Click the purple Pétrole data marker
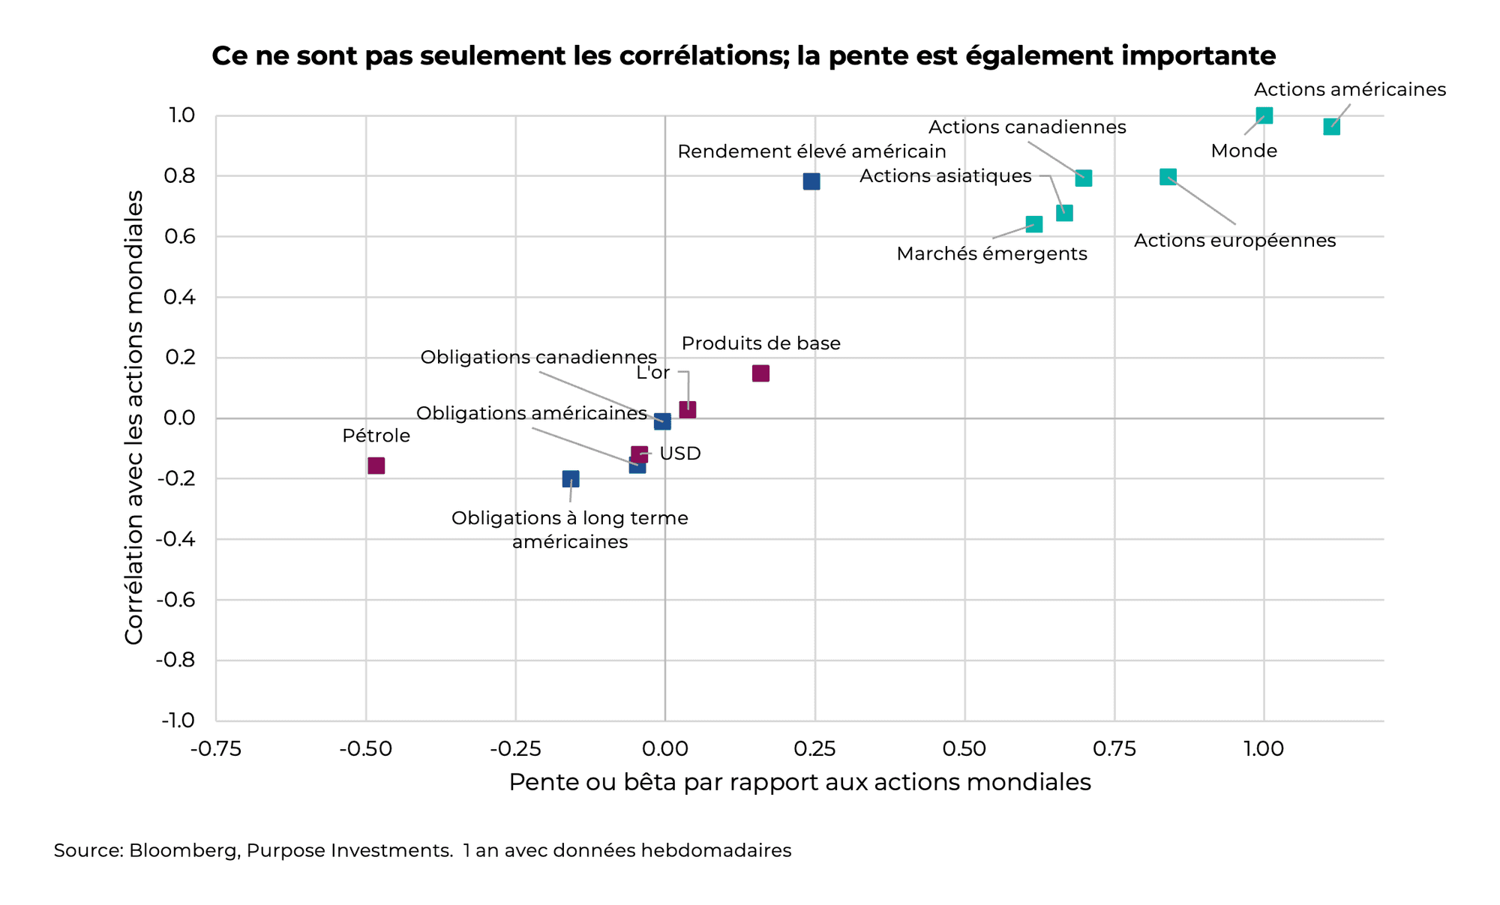point(376,466)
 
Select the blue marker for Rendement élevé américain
point(811,181)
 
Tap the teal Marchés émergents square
point(1033,224)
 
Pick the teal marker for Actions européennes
point(1168,177)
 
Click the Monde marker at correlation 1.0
point(1264,115)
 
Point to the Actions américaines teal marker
point(1331,127)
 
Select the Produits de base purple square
point(760,373)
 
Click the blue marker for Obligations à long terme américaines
point(571,478)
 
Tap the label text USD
point(679,454)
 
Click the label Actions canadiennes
point(1027,127)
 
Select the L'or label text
point(652,373)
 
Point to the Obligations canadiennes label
point(538,358)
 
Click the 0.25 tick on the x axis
point(814,748)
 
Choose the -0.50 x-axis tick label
point(365,748)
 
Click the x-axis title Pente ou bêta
point(799,782)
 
